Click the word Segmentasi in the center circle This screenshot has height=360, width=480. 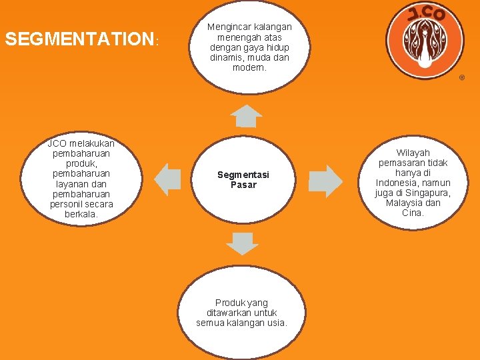point(243,175)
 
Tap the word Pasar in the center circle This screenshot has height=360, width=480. point(243,185)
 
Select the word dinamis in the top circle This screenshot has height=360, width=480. point(225,57)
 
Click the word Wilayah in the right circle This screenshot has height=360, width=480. point(413,153)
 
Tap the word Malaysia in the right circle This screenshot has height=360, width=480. point(404,203)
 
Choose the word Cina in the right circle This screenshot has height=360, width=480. point(412,213)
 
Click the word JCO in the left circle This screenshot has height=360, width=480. point(57,143)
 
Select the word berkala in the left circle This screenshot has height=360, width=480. point(81,214)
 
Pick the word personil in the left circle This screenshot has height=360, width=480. point(65,204)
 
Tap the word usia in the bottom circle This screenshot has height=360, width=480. point(275,323)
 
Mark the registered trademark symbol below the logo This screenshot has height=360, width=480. point(461,79)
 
